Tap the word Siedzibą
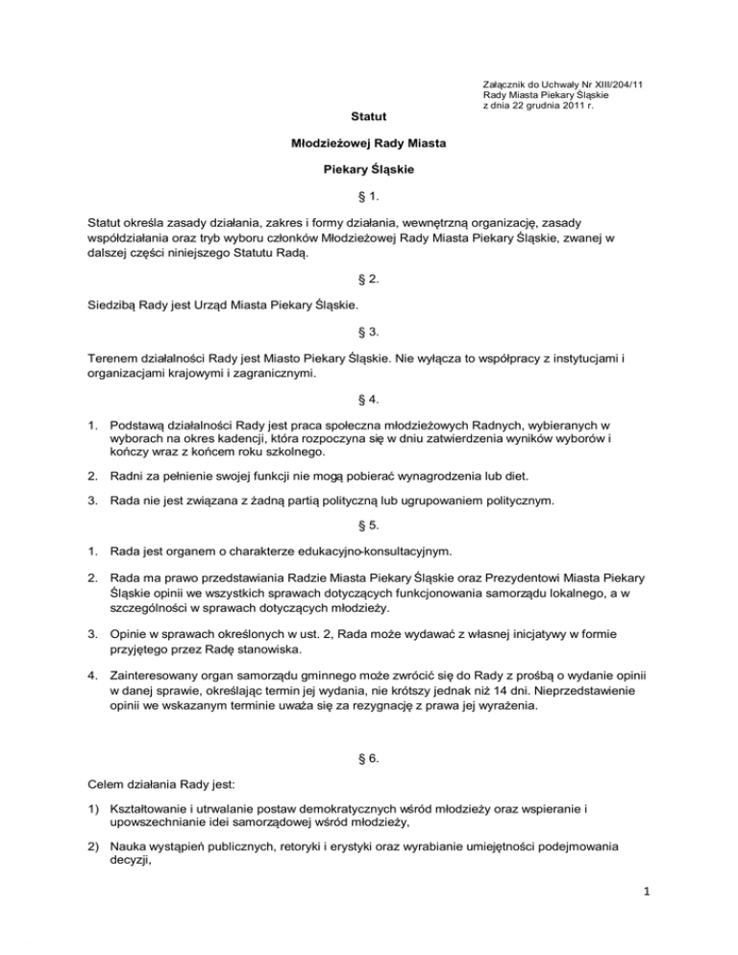click(105, 305)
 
